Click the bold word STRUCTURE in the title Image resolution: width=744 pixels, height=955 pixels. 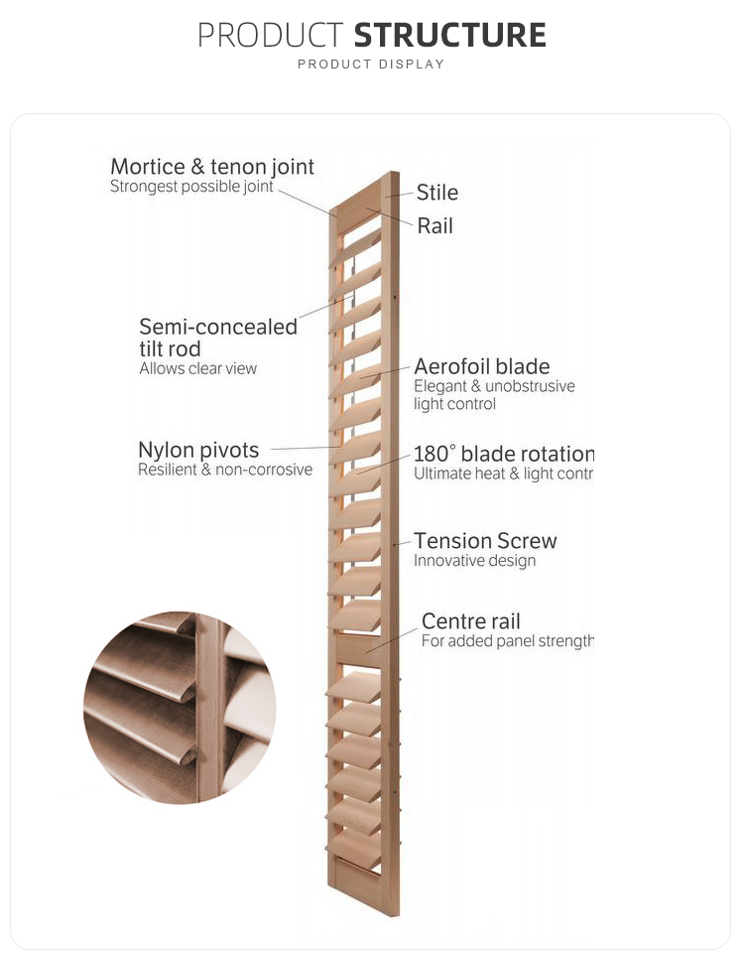449,36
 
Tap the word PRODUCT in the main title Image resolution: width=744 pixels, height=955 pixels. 270,36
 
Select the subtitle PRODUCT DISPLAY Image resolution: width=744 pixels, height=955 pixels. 371,65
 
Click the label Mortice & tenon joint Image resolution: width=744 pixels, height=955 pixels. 212,167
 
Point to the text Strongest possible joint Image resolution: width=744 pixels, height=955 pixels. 191,187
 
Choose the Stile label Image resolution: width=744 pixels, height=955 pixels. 436,193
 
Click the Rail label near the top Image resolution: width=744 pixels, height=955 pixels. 434,226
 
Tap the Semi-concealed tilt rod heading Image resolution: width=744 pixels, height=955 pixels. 217,338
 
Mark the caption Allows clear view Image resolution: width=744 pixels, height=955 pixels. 197,368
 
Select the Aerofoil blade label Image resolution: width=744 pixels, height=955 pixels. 481,367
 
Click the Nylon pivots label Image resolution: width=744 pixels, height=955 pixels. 198,451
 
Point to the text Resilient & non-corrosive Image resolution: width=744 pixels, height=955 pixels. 224,470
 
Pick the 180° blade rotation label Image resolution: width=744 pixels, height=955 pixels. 503,455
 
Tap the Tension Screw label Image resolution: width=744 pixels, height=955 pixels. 485,541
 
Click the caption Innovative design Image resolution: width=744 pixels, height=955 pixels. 474,561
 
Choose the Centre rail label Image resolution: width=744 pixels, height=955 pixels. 471,621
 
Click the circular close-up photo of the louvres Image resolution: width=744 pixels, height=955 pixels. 180,707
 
